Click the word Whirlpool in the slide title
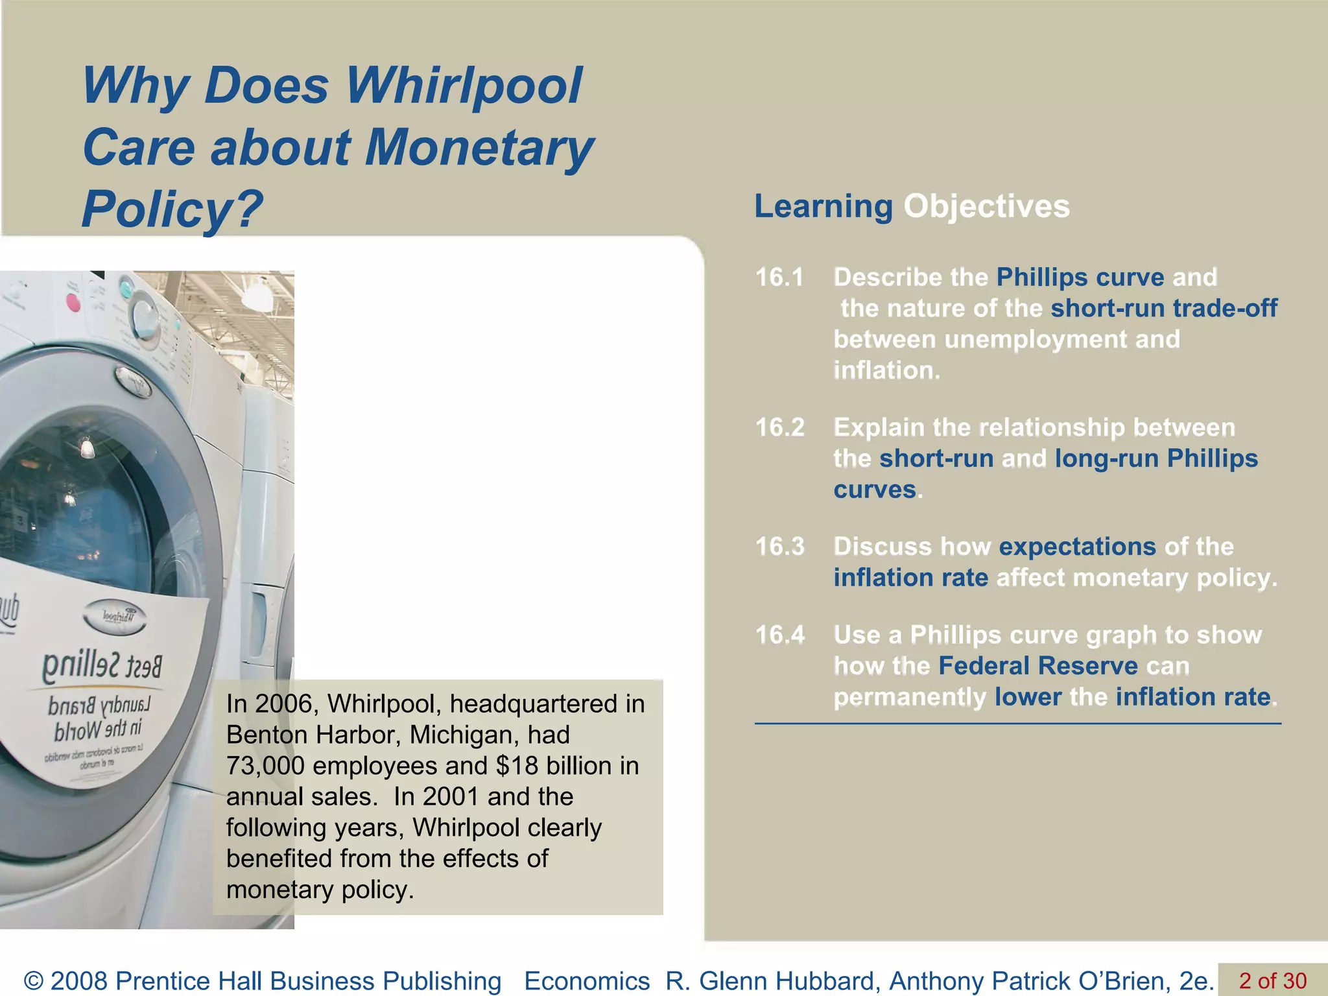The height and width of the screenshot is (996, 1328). (x=463, y=86)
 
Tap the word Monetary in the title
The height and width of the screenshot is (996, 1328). (x=479, y=148)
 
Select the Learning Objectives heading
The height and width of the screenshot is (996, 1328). (x=912, y=207)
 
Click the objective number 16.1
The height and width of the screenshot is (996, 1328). (x=779, y=278)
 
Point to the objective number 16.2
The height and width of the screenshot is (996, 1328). (x=780, y=427)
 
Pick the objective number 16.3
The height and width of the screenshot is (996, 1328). (x=780, y=547)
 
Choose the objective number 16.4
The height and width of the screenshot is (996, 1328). (x=780, y=635)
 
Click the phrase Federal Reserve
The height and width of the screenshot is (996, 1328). (x=1037, y=666)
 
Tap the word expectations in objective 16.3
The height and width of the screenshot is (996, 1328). (x=1077, y=547)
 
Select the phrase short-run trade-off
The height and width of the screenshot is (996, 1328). (x=1164, y=308)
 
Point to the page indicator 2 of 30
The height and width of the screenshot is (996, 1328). (x=1272, y=980)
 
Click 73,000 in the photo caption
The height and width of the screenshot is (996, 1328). (x=265, y=766)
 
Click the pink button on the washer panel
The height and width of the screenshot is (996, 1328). (x=73, y=302)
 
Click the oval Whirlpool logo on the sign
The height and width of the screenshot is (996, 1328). (x=115, y=617)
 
